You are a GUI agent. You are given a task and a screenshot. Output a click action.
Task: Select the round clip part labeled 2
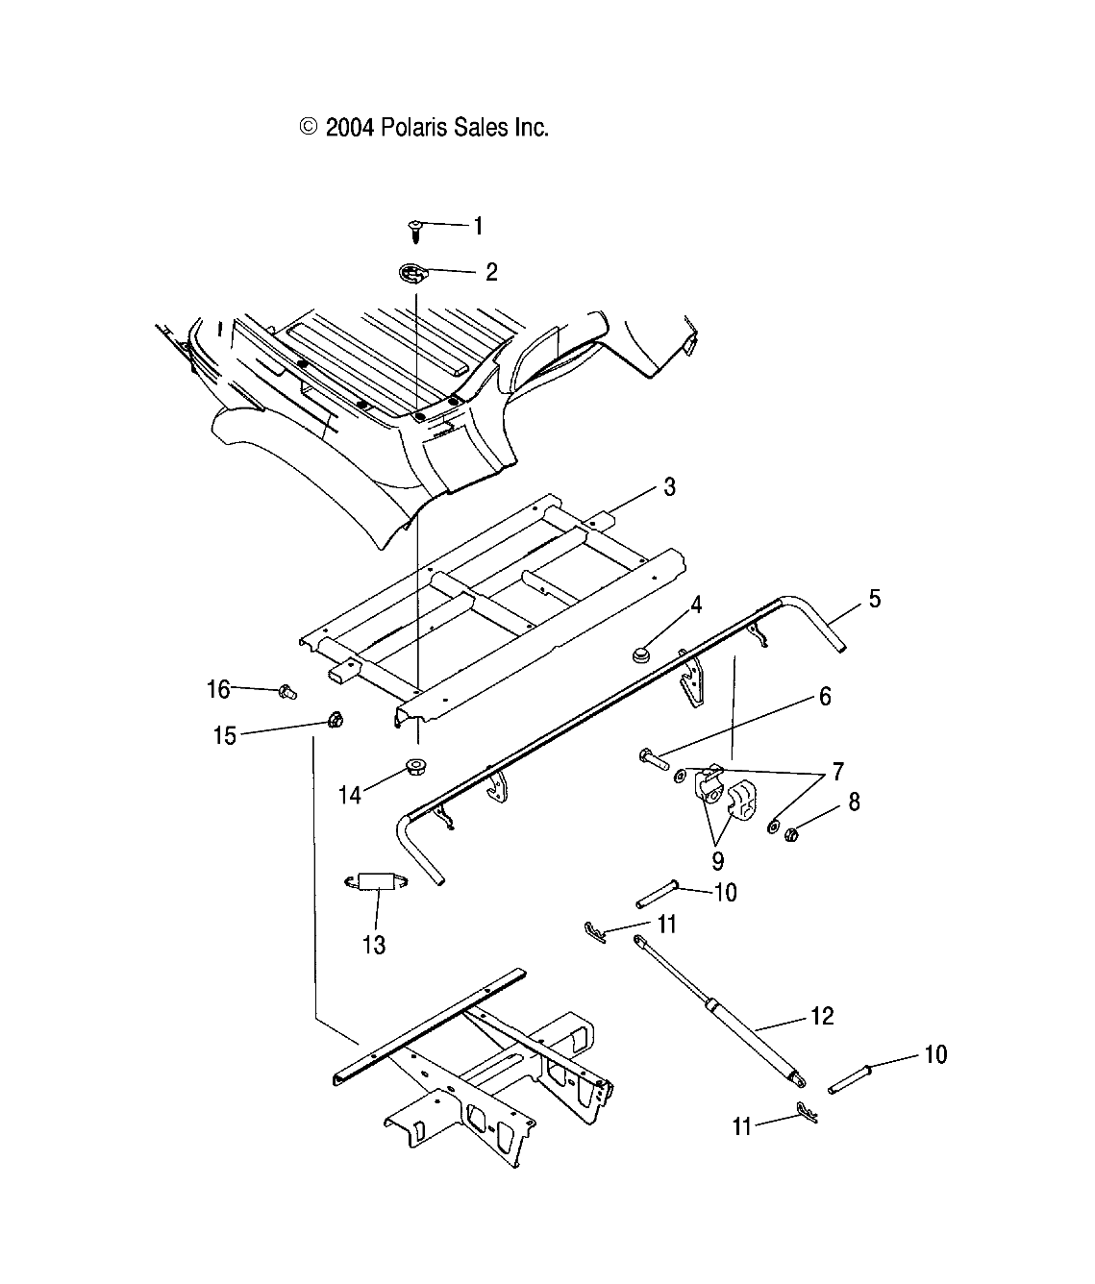[x=413, y=275]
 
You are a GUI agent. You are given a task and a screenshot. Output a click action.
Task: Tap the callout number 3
[x=669, y=487]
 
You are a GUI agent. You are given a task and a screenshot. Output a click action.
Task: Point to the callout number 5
[x=874, y=599]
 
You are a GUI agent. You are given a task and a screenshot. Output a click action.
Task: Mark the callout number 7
[x=838, y=771]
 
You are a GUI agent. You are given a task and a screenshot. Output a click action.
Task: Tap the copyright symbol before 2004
[x=309, y=128]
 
